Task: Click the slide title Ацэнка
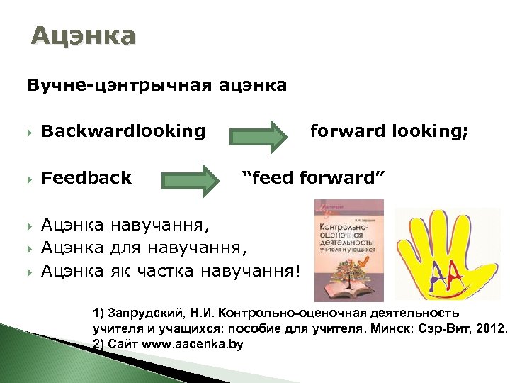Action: [83, 35]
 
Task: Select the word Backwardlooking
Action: [123, 131]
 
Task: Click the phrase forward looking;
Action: [389, 131]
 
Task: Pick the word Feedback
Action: [86, 177]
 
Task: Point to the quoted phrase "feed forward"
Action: [313, 177]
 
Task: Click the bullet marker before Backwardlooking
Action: [30, 132]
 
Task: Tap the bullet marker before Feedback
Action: [30, 178]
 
